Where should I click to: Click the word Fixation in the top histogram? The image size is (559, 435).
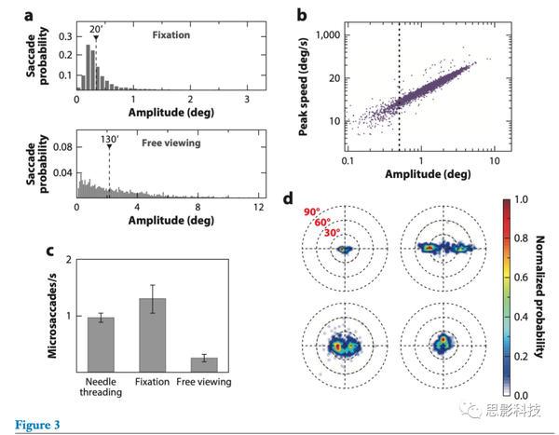pyautogui.click(x=170, y=35)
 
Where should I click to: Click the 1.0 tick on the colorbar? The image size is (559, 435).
pyautogui.click(x=521, y=199)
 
